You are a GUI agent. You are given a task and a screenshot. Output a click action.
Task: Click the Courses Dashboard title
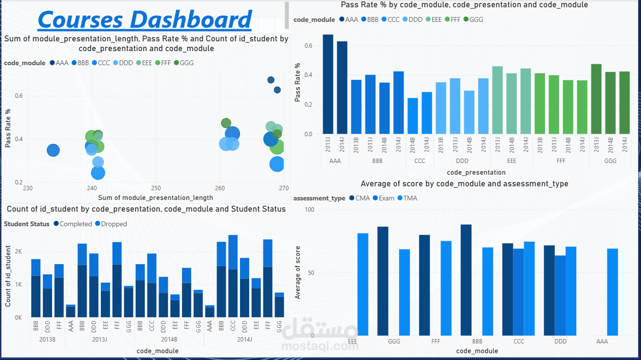pos(145,19)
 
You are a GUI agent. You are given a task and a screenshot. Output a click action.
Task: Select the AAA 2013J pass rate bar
pos(328,84)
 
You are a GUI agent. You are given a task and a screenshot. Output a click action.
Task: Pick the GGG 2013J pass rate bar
pos(596,99)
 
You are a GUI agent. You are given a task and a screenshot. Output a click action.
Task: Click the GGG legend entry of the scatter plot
pos(183,63)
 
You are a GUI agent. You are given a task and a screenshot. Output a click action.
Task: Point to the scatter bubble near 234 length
pos(53,151)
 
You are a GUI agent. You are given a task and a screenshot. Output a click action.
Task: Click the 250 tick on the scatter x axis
pos(155,188)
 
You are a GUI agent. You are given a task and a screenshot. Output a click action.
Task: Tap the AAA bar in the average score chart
pos(612,292)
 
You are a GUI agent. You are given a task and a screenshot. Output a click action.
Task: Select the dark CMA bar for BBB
pos(466,280)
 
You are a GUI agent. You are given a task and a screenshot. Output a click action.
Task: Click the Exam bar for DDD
pos(560,295)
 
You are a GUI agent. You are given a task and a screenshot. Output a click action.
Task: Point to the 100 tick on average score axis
pos(310,209)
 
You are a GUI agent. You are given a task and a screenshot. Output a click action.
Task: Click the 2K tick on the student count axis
pos(18,252)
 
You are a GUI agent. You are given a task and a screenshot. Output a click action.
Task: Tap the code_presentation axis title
pos(476,172)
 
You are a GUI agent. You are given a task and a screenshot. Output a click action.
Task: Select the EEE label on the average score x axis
pos(353,342)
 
